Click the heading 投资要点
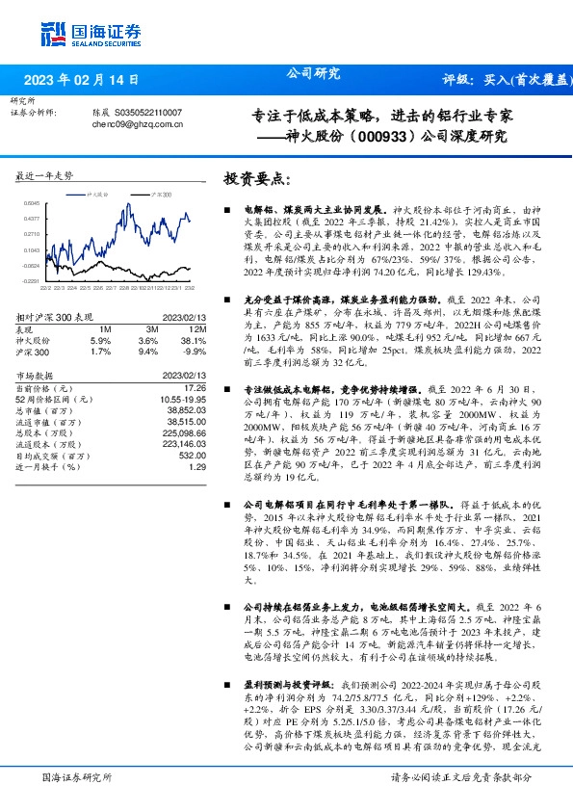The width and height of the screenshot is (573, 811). point(256,180)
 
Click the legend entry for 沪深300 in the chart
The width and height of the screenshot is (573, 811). point(160,195)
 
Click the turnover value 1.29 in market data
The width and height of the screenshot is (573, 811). point(198,466)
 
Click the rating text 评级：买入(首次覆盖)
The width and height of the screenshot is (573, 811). point(505,80)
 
